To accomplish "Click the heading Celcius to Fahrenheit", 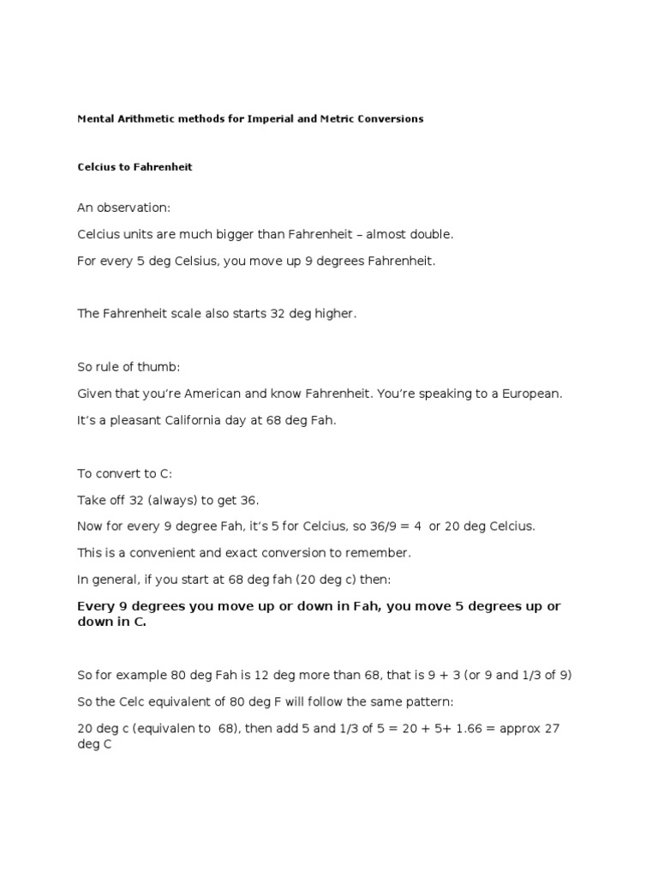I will (x=135, y=167).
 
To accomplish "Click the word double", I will (x=434, y=234).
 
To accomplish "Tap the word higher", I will (x=335, y=314).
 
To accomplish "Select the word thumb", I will (x=162, y=367).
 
